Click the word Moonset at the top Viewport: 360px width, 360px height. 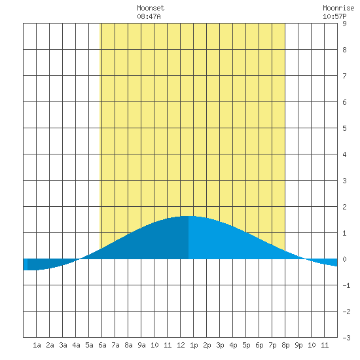[151, 8]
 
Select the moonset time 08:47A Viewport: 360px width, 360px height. [149, 16]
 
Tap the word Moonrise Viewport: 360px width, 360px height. [338, 8]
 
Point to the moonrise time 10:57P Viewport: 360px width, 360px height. [334, 16]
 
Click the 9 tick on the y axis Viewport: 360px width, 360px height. [344, 24]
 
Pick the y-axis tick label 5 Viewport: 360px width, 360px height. [344, 128]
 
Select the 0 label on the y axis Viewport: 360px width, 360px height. [344, 259]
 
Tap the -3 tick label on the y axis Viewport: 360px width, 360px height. [346, 338]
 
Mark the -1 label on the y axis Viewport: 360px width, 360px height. [346, 285]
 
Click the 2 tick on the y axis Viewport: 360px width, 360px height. [344, 207]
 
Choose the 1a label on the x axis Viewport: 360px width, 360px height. [37, 345]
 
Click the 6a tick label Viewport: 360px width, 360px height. [102, 345]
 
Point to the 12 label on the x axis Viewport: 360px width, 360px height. [181, 345]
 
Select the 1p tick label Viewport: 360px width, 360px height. [194, 345]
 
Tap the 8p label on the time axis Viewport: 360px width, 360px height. [285, 345]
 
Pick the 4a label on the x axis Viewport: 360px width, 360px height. [76, 345]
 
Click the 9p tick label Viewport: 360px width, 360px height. [298, 345]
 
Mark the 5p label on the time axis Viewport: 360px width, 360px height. [246, 345]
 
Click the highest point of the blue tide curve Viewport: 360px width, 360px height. [188, 216]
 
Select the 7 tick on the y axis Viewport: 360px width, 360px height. [344, 76]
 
